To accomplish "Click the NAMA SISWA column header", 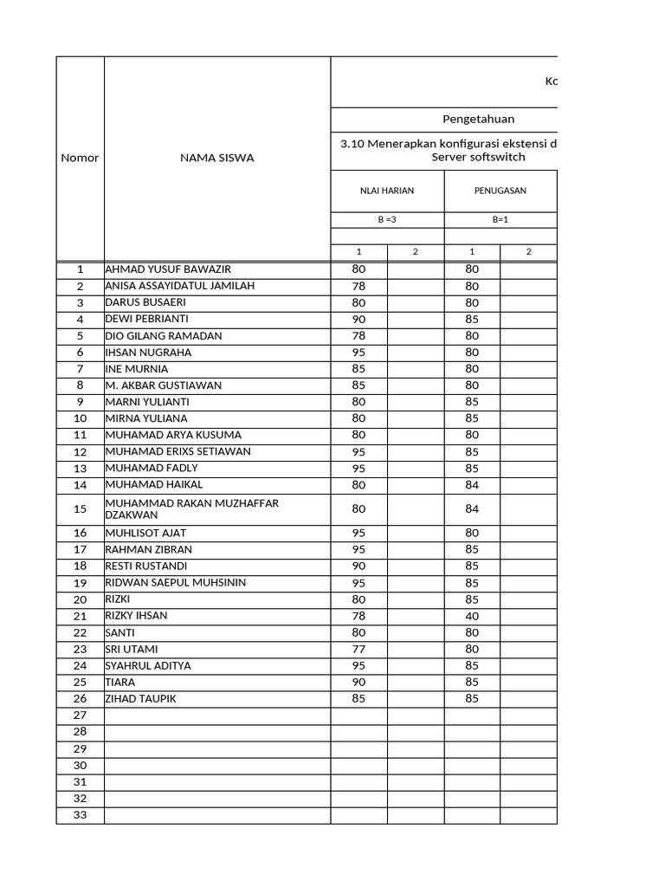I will coord(216,158).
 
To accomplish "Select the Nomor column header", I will coord(80,158).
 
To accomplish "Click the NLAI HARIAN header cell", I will coord(387,191).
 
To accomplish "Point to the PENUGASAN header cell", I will coord(500,191).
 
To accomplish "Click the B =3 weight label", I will coord(387,219).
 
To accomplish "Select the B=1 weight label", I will coord(500,219).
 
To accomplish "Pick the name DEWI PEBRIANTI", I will coord(146,319).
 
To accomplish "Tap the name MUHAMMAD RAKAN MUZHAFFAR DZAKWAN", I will coord(191,508).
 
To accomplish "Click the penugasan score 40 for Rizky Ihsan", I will coord(472,616).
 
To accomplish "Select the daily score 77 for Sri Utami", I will coord(358,649).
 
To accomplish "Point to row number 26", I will coord(80,699).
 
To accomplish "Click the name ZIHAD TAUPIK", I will coord(140,698).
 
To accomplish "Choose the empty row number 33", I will coord(80,814).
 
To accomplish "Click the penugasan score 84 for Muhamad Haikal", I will coord(472,485).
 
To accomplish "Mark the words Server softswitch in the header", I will coord(478,157).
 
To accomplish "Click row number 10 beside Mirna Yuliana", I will coord(80,418).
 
